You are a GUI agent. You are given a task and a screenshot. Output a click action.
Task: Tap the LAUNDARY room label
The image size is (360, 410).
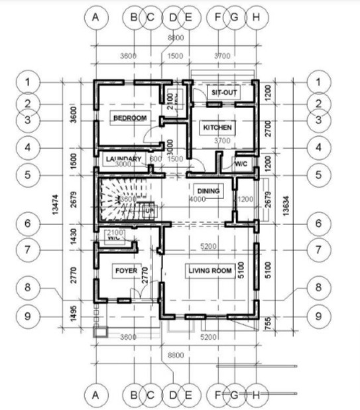pos(123,159)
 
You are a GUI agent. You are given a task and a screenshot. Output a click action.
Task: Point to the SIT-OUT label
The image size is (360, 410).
pos(224,93)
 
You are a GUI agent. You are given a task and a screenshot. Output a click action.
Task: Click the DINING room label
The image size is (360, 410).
pos(208,191)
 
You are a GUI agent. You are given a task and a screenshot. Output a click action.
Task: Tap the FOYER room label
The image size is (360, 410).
pos(126,271)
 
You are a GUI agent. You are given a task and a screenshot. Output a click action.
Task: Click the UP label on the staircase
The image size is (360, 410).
pos(149,211)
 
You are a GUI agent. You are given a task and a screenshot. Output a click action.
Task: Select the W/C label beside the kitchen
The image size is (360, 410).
pos(240,163)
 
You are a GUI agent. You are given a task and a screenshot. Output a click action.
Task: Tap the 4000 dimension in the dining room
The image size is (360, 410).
pos(198,199)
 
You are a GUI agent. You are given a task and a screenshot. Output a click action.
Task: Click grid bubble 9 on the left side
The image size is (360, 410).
pos(27,315)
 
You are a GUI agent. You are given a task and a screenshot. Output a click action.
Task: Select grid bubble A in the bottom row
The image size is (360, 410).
pos(97,395)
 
